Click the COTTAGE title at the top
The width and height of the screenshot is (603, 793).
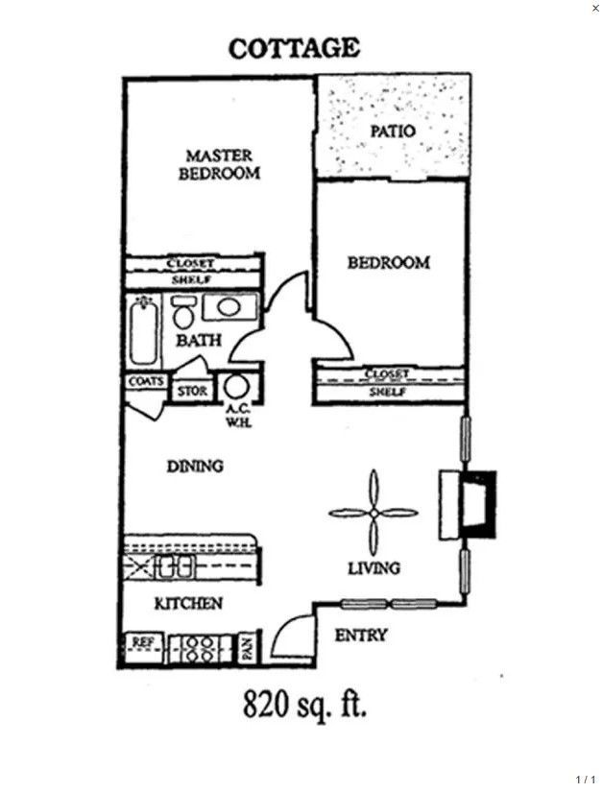[294, 48]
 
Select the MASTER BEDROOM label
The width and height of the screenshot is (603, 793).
[221, 164]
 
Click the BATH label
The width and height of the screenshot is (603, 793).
[198, 340]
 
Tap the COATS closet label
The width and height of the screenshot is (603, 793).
[145, 381]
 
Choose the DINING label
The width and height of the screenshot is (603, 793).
[195, 467]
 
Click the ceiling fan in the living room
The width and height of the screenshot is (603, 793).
[374, 513]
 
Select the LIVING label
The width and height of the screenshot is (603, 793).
[374, 568]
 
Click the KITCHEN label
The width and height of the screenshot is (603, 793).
[189, 604]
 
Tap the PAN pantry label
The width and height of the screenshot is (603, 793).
[247, 649]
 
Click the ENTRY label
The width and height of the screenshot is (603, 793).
[361, 636]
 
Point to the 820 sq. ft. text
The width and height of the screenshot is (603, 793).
[302, 708]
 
